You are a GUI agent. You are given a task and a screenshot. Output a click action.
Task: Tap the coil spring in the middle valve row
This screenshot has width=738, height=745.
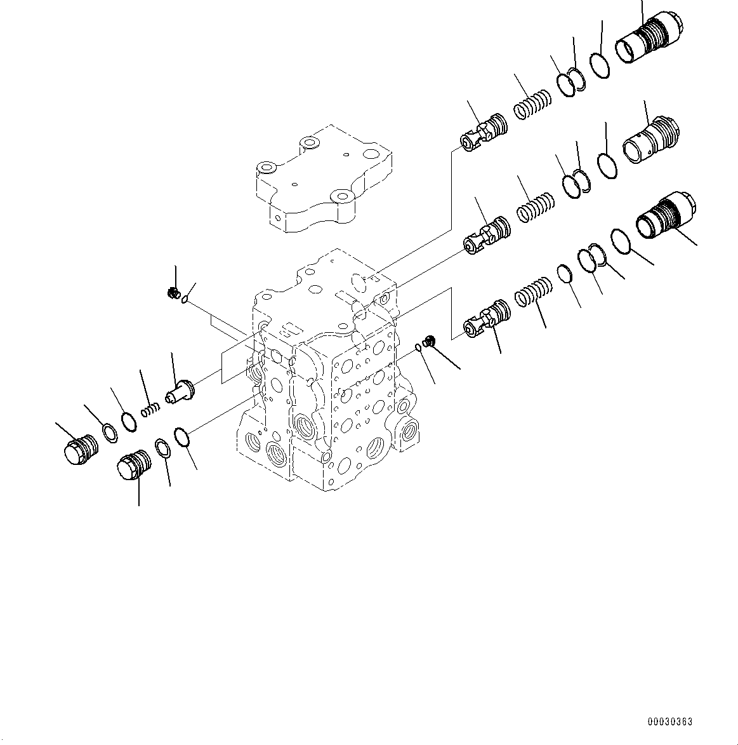click(536, 208)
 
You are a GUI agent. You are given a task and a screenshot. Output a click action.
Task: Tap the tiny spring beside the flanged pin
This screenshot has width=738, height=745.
click(149, 411)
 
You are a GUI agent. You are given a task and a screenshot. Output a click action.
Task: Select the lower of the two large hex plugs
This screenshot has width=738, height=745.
click(133, 466)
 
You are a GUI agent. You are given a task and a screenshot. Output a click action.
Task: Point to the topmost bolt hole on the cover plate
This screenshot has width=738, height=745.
click(309, 142)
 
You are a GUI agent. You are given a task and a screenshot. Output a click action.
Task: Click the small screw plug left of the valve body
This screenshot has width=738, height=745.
click(171, 293)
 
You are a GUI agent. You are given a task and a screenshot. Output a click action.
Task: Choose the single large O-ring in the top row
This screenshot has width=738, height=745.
click(599, 65)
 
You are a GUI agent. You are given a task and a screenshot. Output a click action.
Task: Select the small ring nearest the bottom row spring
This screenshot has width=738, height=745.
click(564, 274)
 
